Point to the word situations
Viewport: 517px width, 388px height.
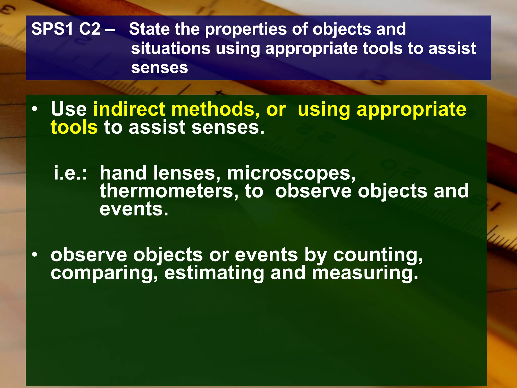171,48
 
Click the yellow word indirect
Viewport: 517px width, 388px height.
129,109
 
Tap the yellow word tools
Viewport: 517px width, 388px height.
74,127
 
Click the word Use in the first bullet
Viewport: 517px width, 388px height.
69,109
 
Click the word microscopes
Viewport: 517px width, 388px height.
291,174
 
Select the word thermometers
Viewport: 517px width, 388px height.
169,191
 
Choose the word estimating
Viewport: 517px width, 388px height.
214,273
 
